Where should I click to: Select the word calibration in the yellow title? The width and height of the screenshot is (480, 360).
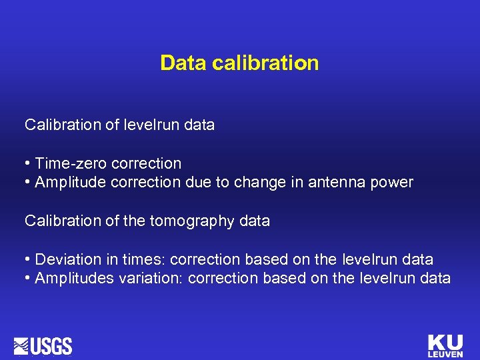point(265,63)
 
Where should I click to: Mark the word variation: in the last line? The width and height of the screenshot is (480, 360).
point(151,278)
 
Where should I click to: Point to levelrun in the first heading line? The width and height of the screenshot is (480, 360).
point(150,125)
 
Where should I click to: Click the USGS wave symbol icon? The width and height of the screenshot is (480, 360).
point(21,346)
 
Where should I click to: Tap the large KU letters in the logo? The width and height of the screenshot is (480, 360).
point(445,342)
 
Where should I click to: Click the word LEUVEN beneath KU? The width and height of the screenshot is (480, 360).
point(445,354)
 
